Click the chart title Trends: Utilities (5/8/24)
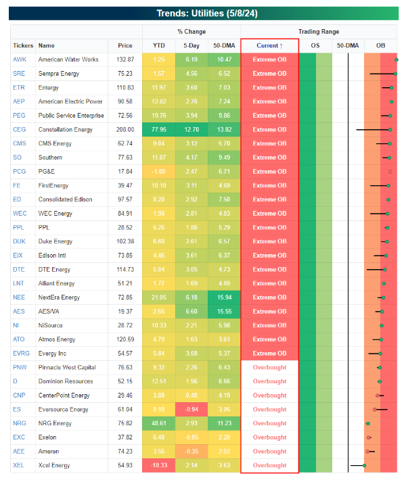click(203, 13)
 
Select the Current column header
click(269, 45)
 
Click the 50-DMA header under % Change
click(224, 45)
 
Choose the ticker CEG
click(19, 130)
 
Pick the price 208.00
click(125, 130)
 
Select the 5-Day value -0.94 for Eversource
click(191, 410)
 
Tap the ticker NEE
click(19, 297)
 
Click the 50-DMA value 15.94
click(224, 297)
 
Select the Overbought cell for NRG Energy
click(269, 424)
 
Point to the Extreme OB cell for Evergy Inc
click(269, 354)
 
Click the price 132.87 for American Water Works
click(125, 59)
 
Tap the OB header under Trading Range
click(380, 45)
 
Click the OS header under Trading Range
click(315, 45)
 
